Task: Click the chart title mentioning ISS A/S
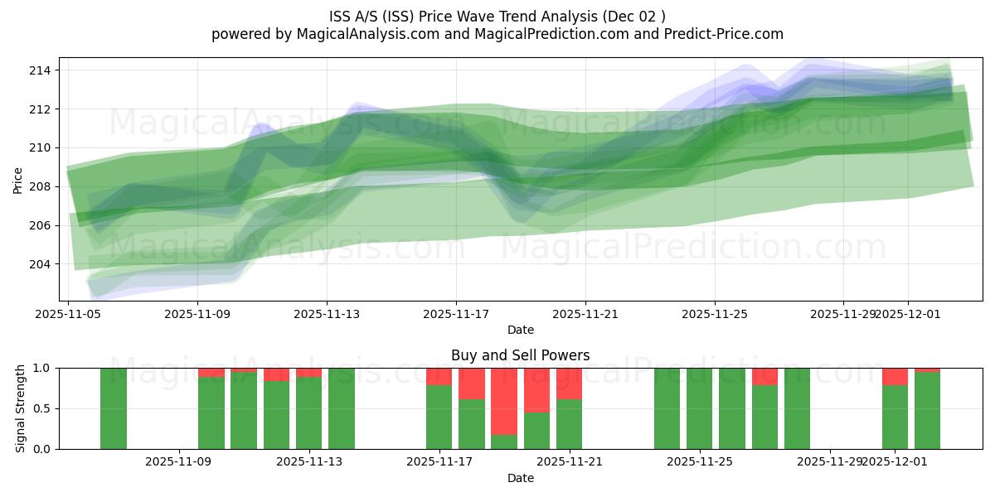click(497, 16)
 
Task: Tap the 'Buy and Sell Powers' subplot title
click(520, 355)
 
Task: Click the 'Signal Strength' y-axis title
click(21, 408)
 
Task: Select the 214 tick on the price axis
click(39, 70)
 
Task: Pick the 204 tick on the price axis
click(39, 264)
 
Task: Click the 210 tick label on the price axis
click(39, 147)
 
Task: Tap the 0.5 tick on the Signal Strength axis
click(41, 408)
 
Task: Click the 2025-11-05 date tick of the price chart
click(68, 314)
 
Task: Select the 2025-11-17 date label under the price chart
click(456, 314)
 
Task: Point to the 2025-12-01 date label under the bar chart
click(895, 462)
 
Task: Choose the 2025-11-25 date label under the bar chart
click(701, 462)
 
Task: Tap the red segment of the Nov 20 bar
click(536, 389)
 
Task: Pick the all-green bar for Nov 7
click(114, 408)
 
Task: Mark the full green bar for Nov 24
click(667, 408)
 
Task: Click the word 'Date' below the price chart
click(520, 330)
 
